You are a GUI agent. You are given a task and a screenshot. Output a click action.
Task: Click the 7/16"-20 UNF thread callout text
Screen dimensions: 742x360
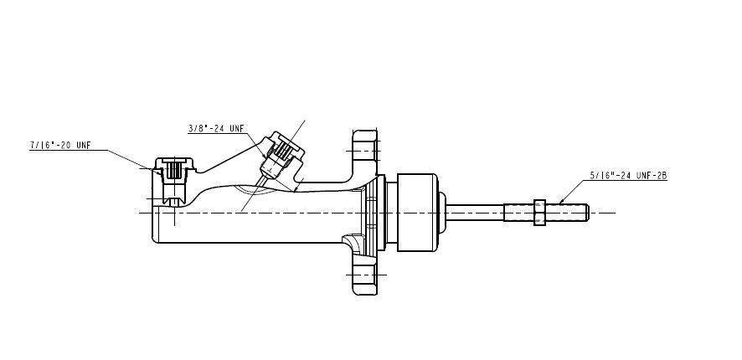coord(60,145)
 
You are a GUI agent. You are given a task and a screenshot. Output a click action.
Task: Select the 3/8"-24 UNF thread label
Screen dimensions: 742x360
coord(216,128)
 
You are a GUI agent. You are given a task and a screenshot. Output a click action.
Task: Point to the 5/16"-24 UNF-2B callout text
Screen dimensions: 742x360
coord(628,176)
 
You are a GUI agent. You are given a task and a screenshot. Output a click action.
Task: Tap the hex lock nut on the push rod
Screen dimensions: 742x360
coord(539,213)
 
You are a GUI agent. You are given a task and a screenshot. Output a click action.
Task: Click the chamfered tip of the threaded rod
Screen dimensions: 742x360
coord(587,213)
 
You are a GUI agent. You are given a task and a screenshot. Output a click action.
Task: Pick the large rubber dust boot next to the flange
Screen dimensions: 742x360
coord(417,213)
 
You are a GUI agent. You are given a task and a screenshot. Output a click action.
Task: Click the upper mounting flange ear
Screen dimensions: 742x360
coord(365,151)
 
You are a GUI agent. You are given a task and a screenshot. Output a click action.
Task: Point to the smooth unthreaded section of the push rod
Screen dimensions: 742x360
coord(475,213)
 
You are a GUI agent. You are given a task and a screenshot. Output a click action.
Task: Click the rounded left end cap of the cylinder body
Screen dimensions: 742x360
coord(155,223)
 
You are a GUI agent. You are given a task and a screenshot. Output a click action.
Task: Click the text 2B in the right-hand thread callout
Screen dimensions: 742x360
coord(661,176)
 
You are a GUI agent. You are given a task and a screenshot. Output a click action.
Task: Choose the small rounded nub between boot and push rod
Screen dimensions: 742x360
coord(442,213)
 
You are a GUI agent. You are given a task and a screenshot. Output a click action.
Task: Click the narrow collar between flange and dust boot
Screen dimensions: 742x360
coord(391,213)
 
